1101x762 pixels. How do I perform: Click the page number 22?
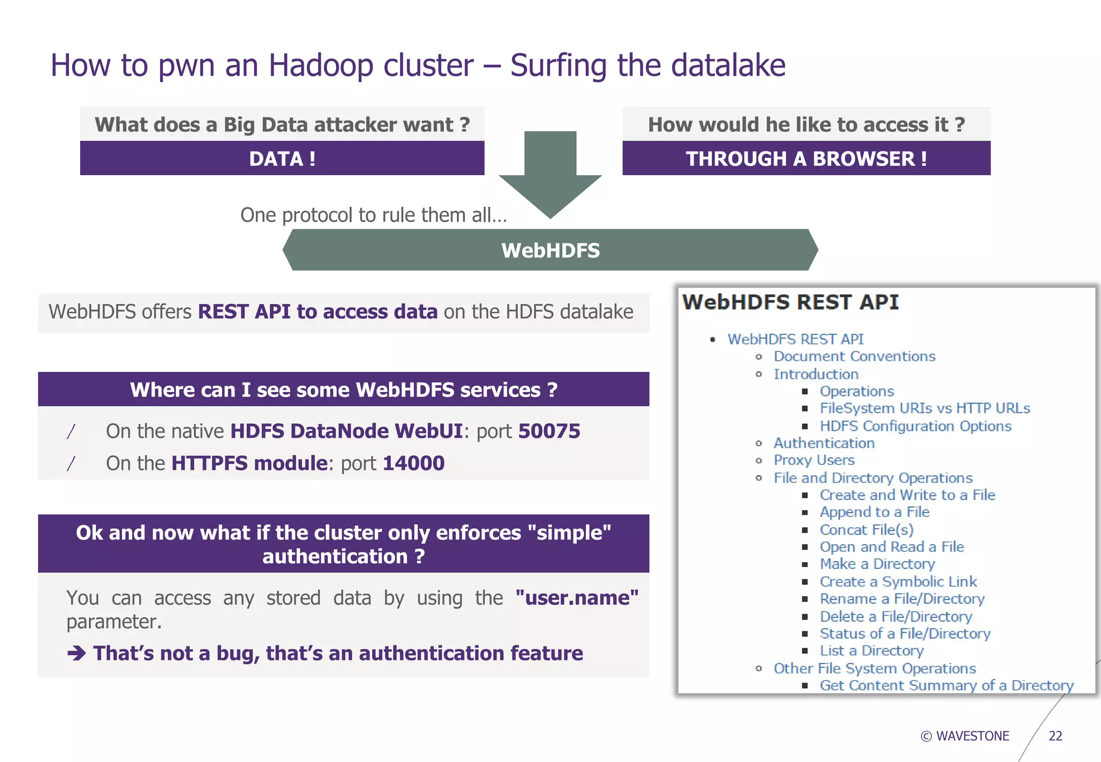pos(1055,736)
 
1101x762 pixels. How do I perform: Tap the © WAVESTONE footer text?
pos(965,736)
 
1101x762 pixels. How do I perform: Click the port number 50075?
pos(549,431)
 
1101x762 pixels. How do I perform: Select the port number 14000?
pos(413,463)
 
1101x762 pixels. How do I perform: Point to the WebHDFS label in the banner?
pos(550,250)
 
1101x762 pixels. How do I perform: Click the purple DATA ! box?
pos(282,159)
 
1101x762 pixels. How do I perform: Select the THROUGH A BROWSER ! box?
pos(806,159)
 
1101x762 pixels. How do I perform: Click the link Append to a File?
pos(874,512)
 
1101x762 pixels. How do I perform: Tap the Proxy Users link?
pos(813,460)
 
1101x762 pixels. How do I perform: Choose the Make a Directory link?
pos(877,564)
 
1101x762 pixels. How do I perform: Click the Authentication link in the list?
pos(824,443)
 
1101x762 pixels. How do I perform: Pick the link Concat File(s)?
pos(866,529)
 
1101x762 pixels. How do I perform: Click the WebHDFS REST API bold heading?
pos(790,302)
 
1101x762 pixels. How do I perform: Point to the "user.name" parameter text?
pos(576,598)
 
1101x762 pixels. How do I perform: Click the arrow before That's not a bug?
pos(76,653)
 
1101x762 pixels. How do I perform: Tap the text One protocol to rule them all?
pos(373,215)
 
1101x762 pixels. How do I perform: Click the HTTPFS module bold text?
pos(249,463)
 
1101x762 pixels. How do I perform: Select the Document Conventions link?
pos(854,356)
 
